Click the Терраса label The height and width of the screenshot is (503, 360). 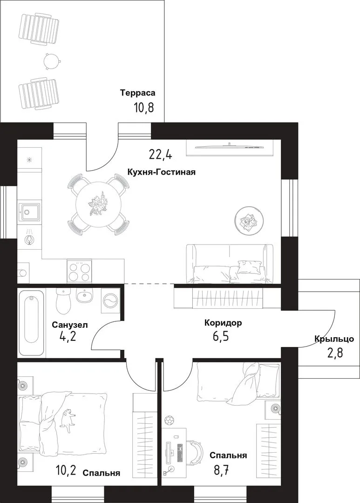(x=138, y=93)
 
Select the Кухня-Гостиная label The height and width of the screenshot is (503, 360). (x=162, y=172)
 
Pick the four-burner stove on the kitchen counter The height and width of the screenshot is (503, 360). (x=79, y=272)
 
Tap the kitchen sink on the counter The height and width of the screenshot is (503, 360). (x=29, y=212)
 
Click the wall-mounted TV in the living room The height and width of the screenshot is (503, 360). (x=230, y=147)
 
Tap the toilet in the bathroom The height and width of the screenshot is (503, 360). (x=63, y=301)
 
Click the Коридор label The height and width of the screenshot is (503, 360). (x=224, y=323)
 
